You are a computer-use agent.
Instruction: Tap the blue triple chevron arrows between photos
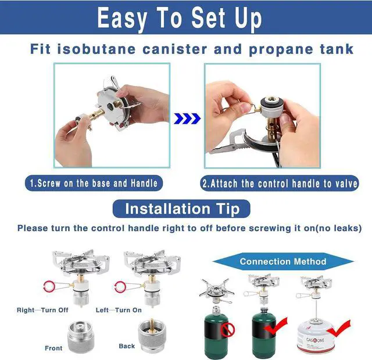[187, 118]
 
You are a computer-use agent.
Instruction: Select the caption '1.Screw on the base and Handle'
[94, 183]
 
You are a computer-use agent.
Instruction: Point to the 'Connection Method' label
[283, 261]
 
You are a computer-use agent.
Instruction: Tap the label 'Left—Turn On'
[119, 310]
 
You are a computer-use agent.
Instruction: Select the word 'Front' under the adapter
[53, 348]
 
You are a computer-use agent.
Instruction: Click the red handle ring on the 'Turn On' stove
[120, 286]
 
